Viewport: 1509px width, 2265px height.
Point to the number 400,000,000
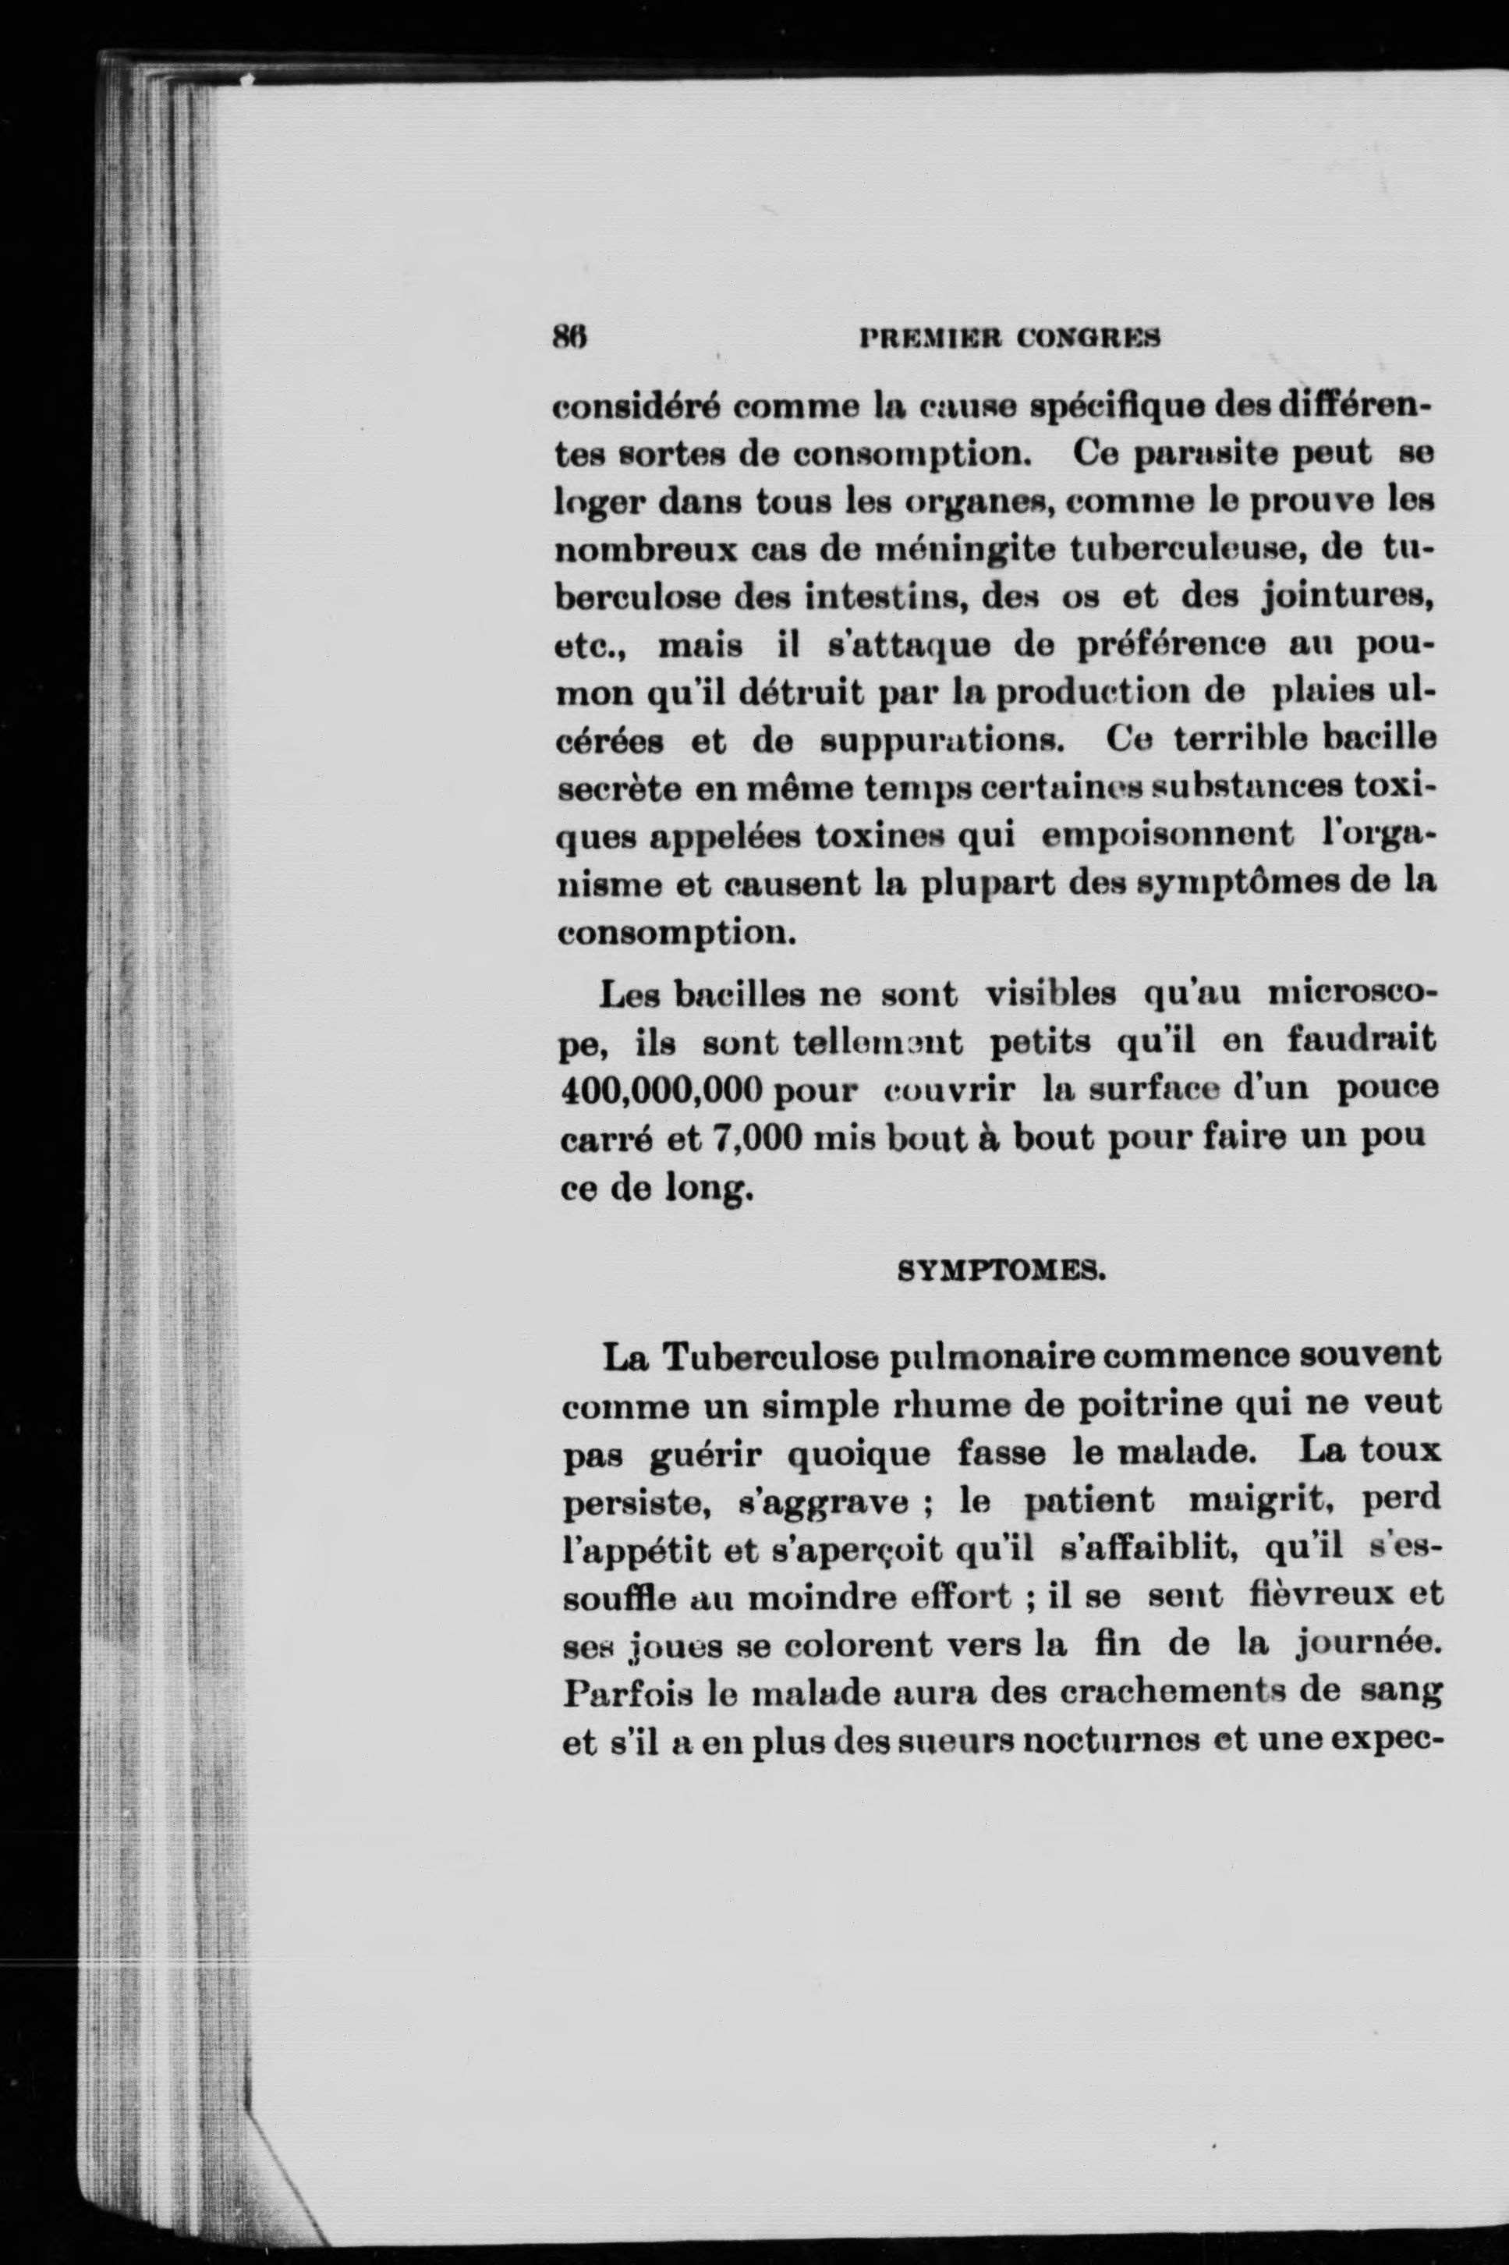click(x=661, y=1090)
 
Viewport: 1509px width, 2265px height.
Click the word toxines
click(x=876, y=834)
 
